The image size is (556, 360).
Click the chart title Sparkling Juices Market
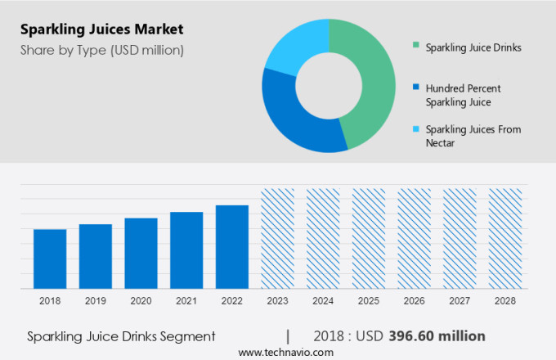coord(103,30)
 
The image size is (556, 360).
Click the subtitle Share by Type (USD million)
coord(103,50)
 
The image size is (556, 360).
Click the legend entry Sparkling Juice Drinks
coord(473,47)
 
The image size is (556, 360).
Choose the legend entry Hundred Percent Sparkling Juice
coord(463,95)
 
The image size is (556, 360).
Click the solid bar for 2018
coord(50,259)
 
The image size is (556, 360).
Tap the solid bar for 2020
coord(141,253)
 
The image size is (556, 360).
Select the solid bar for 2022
coord(232,246)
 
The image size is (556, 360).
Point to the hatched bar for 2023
coord(277,238)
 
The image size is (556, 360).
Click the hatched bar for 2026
coord(414,238)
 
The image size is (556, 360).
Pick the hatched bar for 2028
coord(505,238)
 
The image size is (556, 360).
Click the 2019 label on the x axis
coord(96,301)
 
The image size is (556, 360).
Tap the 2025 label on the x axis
coord(369,301)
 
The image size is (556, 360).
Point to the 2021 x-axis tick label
coord(186,301)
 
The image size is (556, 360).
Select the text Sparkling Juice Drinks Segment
coord(121,336)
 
